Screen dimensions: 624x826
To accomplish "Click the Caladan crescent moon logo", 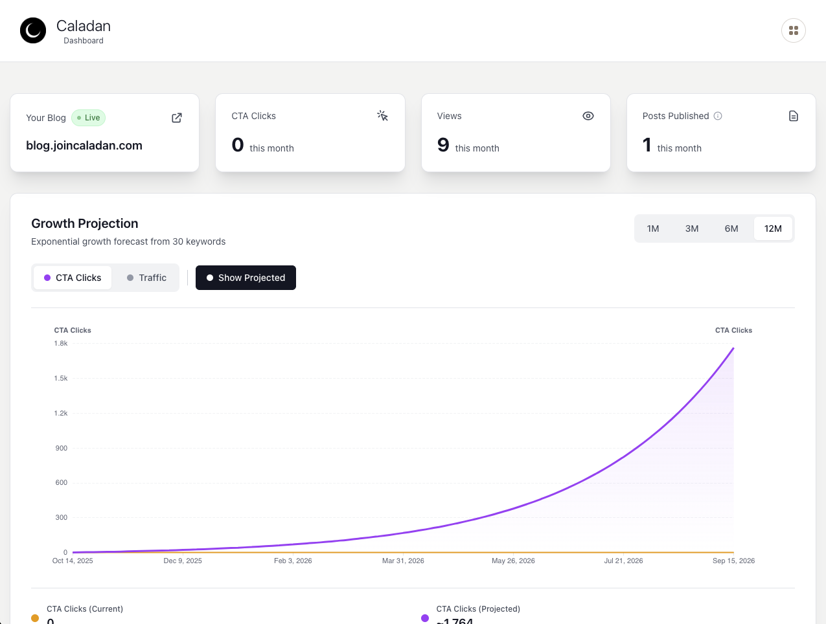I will [x=33, y=30].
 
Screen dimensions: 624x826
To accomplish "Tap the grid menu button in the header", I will [x=793, y=30].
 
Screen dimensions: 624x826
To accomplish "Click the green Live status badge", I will [x=89, y=118].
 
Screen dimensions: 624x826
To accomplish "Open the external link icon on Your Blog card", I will [x=177, y=118].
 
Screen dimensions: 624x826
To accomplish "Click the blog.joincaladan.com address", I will [x=84, y=146].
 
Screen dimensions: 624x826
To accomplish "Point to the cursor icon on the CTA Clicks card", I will [x=382, y=116].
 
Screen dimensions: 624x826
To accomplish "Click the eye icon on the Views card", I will [x=588, y=116].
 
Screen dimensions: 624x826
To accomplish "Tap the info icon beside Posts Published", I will [x=718, y=116].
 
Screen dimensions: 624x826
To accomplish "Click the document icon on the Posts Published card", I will [x=793, y=116].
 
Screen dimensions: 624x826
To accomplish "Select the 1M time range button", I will [x=653, y=228].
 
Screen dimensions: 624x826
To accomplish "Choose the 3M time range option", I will [x=692, y=228].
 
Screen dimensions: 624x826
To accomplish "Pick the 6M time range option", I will [x=731, y=228].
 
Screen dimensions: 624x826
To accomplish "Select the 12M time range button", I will [x=773, y=228].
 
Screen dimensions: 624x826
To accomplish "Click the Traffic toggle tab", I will [x=146, y=278].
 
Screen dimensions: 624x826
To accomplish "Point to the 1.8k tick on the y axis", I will [x=61, y=344].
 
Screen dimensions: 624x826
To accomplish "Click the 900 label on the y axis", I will [x=62, y=448].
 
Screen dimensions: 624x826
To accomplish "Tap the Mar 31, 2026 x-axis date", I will [x=403, y=561].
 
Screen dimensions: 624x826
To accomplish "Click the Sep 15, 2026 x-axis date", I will [x=733, y=561].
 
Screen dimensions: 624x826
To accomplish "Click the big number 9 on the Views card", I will [x=443, y=145].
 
